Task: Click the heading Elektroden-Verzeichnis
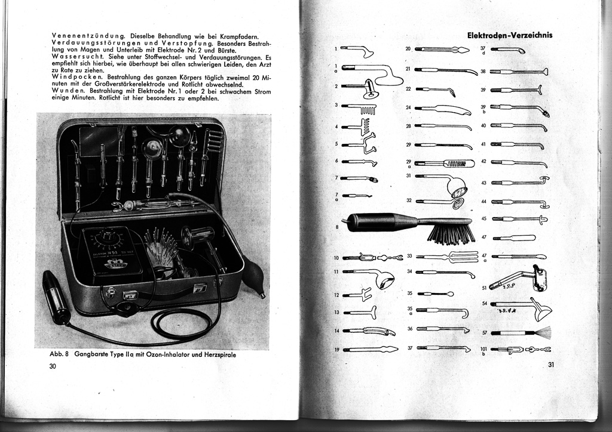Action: pos(509,35)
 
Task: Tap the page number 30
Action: pos(53,366)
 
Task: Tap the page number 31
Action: pos(550,365)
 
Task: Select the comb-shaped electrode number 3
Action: pos(362,109)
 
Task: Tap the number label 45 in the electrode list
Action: pos(484,219)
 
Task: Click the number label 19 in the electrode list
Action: pos(337,350)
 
